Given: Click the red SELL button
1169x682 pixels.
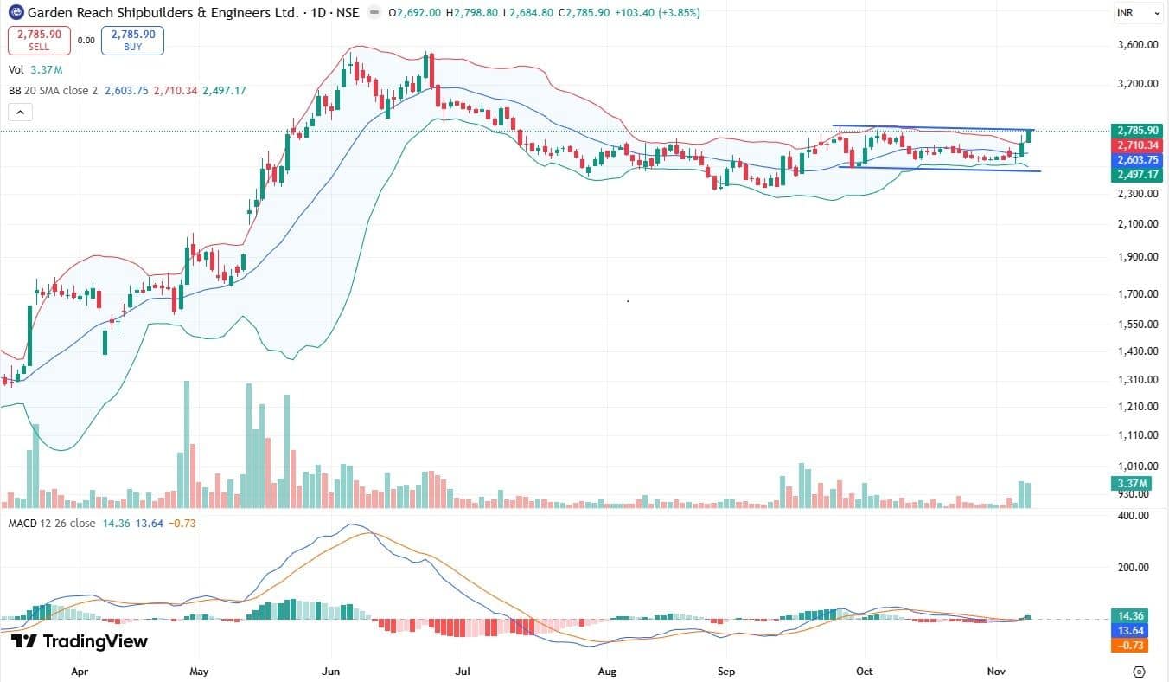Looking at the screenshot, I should (x=39, y=40).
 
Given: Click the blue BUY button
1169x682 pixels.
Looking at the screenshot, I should (x=132, y=40).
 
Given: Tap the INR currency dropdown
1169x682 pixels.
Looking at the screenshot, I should (x=1138, y=13).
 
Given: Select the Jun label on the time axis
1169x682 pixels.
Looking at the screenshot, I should (x=329, y=671).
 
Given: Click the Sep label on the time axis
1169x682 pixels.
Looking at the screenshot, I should (x=726, y=671).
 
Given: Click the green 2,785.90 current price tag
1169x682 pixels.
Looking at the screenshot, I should (x=1138, y=132).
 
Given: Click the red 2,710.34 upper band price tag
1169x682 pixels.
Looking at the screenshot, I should (x=1138, y=145).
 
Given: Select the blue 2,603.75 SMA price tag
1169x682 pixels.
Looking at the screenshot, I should (x=1138, y=160).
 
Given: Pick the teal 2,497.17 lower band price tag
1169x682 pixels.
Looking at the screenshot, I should (x=1138, y=175).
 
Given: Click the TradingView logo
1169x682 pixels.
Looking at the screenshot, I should (x=80, y=641).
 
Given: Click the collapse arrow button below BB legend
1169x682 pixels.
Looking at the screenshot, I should (x=19, y=112).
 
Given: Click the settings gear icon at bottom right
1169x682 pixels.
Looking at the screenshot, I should (x=1139, y=671).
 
